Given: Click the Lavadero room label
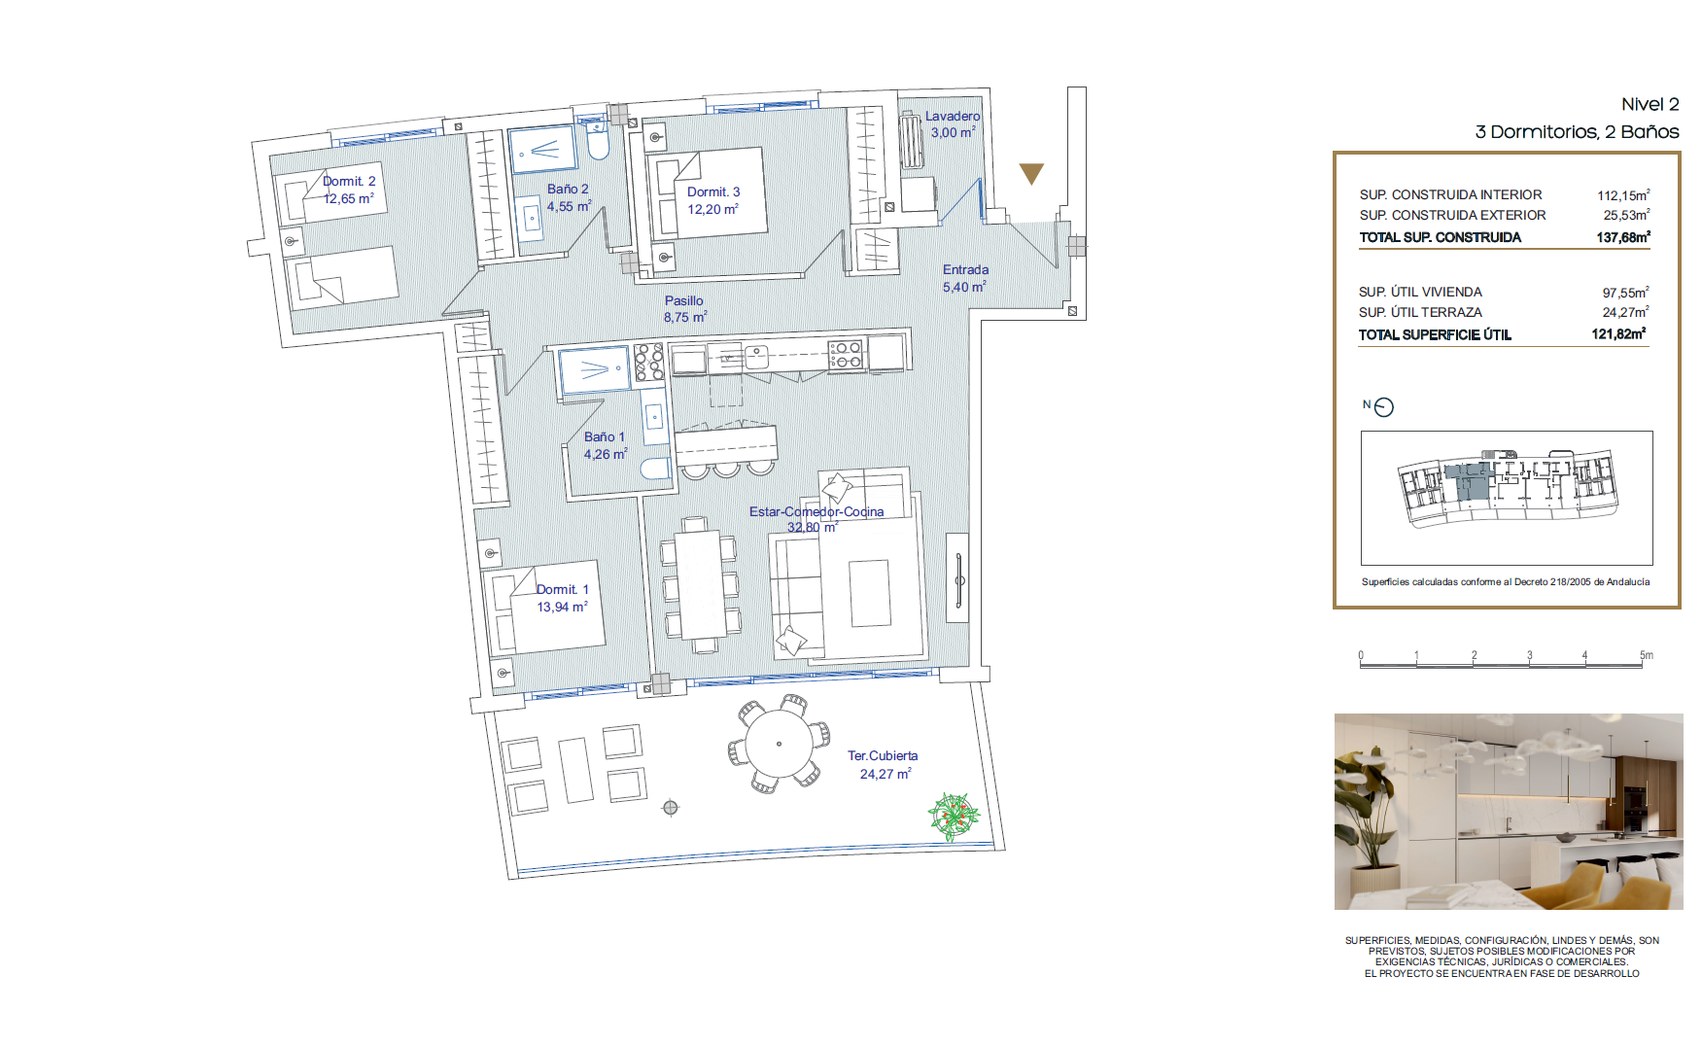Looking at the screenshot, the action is click(x=952, y=116).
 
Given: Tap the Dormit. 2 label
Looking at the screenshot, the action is click(x=349, y=181).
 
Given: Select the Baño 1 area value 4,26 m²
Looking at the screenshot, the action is click(x=606, y=454).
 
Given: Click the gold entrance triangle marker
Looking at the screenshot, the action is click(x=1031, y=173).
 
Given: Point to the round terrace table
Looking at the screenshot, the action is click(x=779, y=744).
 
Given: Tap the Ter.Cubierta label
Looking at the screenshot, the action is click(x=883, y=755).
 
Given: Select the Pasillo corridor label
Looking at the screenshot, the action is click(x=684, y=300).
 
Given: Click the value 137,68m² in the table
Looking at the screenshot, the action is click(x=1623, y=236).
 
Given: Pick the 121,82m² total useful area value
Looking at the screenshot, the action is click(x=1618, y=333).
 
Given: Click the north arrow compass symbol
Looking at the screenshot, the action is click(x=1384, y=407).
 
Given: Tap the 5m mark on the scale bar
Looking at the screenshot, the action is click(x=1647, y=655).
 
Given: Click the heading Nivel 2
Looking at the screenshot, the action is click(x=1650, y=104).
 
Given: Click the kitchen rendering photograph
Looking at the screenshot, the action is click(x=1509, y=812).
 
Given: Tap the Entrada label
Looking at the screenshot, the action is click(x=965, y=269).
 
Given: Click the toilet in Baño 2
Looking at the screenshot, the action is click(x=597, y=146).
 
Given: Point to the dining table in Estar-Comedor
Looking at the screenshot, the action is click(x=698, y=584).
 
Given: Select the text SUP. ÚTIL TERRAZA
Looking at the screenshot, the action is click(x=1420, y=312).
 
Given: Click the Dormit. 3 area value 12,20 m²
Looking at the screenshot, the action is click(x=713, y=209).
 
